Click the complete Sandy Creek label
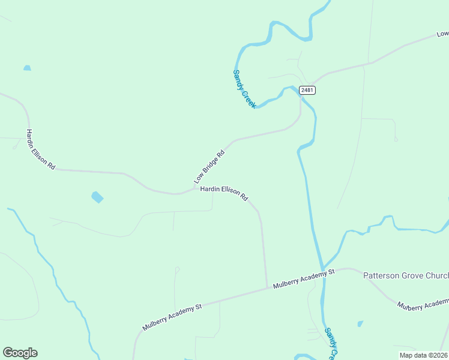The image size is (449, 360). [x=244, y=89]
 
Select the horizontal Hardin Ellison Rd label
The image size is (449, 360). [x=224, y=192]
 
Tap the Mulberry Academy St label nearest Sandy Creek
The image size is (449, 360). [x=303, y=279]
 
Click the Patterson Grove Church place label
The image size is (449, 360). [x=406, y=275]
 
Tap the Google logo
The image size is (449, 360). [x=20, y=353]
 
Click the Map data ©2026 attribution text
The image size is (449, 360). [x=423, y=355]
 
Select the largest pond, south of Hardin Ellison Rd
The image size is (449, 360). [x=97, y=197]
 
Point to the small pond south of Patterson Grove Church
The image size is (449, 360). [x=360, y=324]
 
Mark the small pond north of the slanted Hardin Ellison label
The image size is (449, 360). [x=27, y=68]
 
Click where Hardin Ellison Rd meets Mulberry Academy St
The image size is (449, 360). [x=267, y=288]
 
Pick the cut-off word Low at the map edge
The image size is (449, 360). [x=443, y=35]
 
